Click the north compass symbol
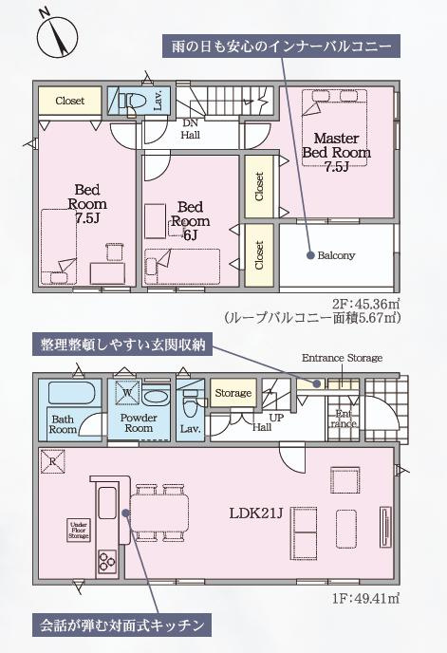coord(56,35)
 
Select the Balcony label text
coord(337,255)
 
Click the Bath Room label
coord(64,423)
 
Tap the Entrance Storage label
coord(342,358)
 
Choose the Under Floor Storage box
coord(78,530)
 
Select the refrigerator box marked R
coord(51,462)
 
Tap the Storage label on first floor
coord(232,393)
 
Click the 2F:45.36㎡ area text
coord(366,304)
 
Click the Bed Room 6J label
coord(190,215)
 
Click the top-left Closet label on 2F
coord(69,101)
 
